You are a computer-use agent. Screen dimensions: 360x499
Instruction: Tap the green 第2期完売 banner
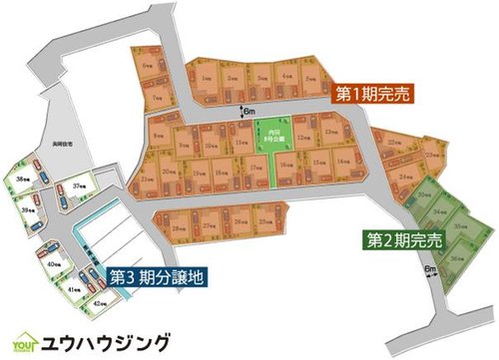404,239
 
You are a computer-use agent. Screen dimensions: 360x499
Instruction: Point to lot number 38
23,180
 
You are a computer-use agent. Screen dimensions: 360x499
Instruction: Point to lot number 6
149,65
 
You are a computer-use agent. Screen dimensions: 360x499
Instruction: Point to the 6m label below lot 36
431,270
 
